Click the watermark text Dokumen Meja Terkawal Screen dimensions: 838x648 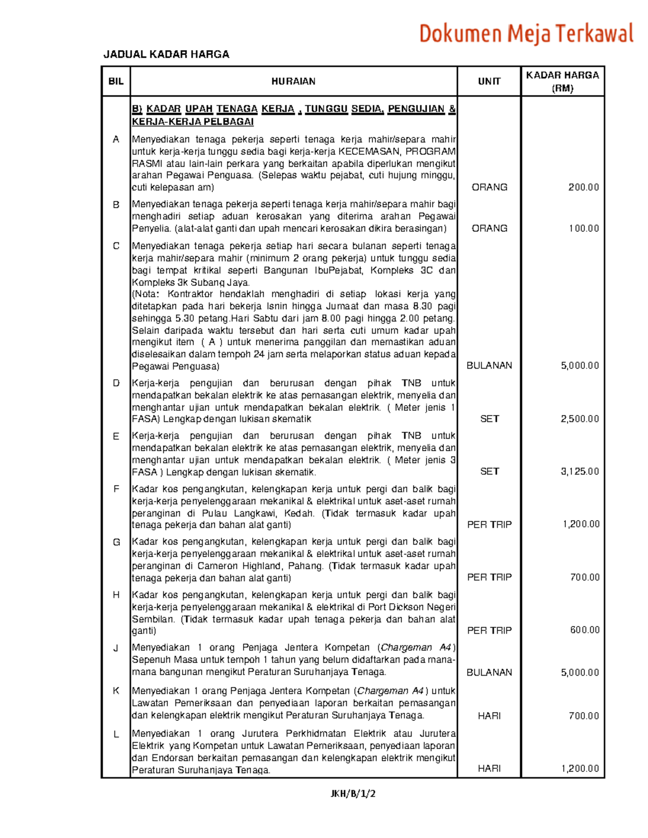tap(526, 33)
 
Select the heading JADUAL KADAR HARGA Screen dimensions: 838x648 tap(166, 54)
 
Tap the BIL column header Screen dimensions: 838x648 tap(116, 81)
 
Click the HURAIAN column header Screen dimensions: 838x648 tap(293, 81)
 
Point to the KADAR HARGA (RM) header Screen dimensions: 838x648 tap(562, 81)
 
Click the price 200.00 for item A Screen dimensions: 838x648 tap(583, 187)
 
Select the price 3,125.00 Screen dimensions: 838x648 tap(579, 472)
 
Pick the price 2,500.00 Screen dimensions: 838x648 tap(579, 419)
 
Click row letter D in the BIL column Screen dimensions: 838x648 tap(116, 383)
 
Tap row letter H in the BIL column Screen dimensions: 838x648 tap(116, 595)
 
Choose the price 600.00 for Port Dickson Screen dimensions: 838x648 tap(584, 630)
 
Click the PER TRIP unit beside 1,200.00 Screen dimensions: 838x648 tap(489, 524)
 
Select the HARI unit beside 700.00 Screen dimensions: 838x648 tap(489, 716)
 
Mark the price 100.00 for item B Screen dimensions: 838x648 tap(583, 228)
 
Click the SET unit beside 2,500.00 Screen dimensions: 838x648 tap(489, 419)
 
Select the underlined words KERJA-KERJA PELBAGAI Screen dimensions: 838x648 tap(193, 121)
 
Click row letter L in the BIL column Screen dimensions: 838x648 tap(116, 734)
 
